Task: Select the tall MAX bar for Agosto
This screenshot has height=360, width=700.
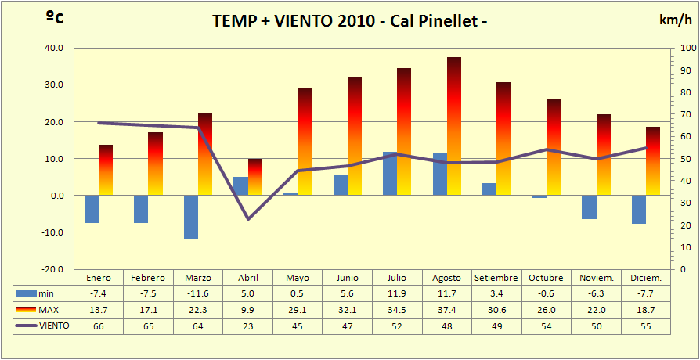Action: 454,125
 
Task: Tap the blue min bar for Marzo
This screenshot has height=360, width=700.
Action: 191,217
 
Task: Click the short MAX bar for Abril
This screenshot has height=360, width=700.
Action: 255,177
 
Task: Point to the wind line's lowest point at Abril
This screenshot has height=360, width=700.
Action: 248,218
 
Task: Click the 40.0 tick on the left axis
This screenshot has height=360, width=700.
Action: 53,49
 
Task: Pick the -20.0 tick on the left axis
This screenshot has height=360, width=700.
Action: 52,269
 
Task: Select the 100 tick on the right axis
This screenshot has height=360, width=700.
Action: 687,49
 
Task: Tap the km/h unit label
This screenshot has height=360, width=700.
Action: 675,20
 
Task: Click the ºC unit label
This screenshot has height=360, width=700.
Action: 55,18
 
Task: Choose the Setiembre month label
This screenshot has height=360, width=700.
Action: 496,278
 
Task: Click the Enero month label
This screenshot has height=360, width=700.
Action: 99,278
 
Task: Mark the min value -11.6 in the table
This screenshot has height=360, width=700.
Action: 198,293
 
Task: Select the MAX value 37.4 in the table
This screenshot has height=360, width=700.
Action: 446,310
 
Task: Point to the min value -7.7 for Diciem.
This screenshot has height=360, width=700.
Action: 646,293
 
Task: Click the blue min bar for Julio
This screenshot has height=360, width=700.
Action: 390,174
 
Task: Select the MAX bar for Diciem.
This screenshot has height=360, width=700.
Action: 653,160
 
